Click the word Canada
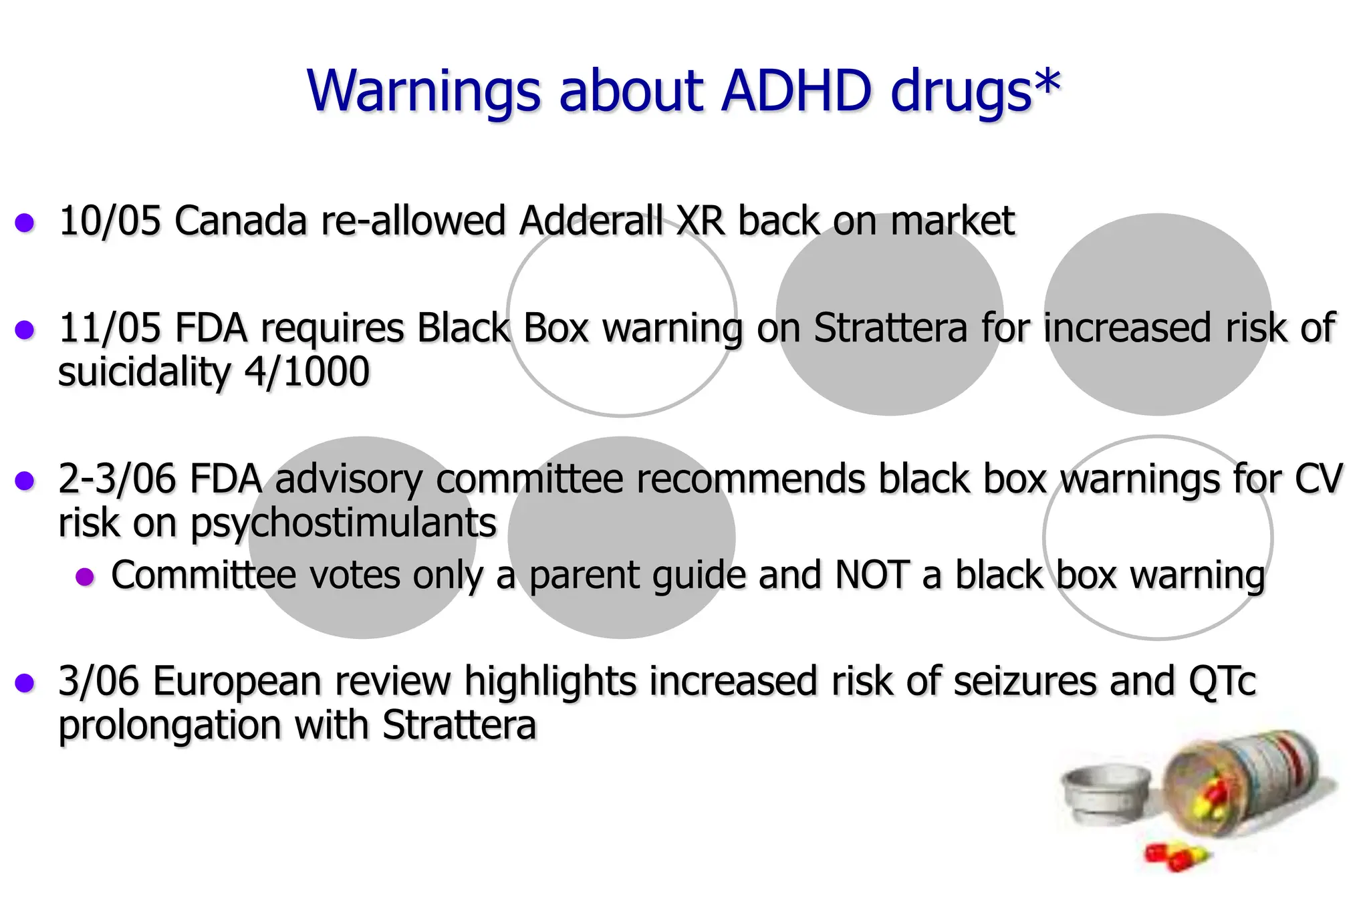tap(241, 221)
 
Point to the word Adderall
tap(592, 221)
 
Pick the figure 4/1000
tap(306, 372)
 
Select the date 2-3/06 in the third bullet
tap(116, 479)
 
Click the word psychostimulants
tap(344, 523)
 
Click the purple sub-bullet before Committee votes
tap(85, 576)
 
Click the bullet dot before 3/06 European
tap(25, 683)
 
